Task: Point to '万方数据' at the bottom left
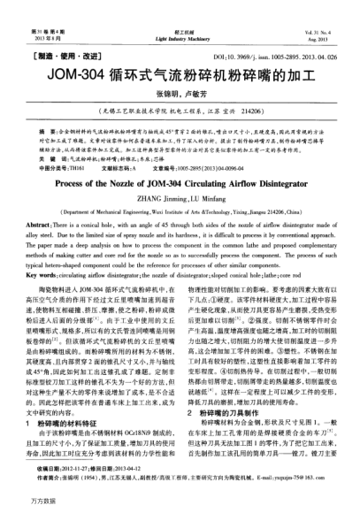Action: pos(21,502)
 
